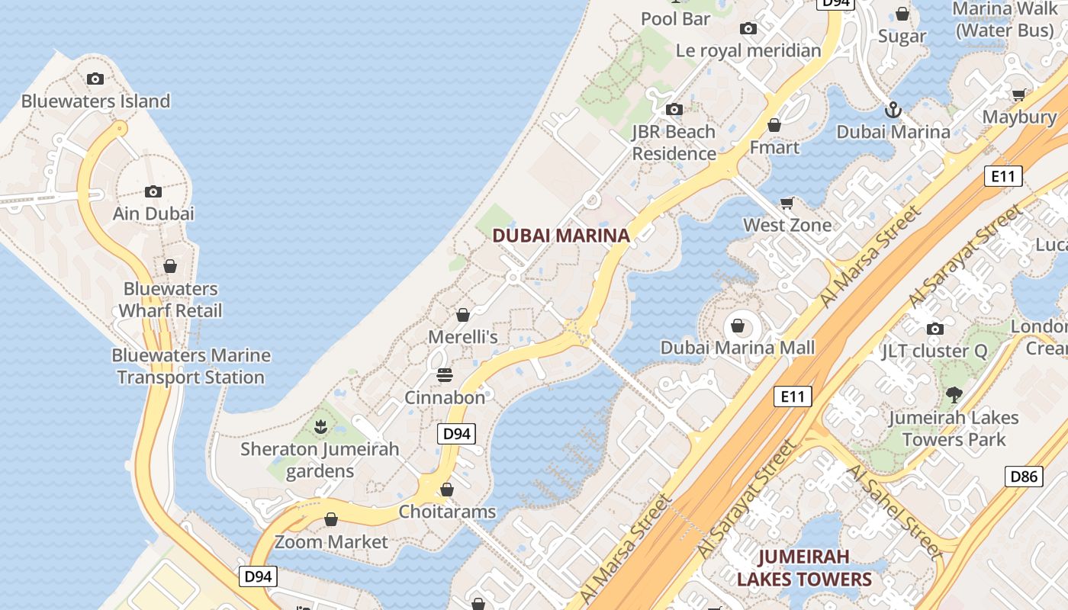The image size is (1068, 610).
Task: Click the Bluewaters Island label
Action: point(95,101)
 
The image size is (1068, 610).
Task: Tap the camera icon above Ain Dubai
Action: point(153,191)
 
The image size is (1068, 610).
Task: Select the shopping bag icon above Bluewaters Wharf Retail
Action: point(170,266)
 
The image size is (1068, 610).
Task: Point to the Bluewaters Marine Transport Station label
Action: point(191,366)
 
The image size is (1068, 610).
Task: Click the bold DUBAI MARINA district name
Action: point(561,236)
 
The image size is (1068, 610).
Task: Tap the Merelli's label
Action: point(462,336)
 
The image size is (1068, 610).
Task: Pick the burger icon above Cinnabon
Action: point(445,375)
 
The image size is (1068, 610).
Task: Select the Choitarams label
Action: point(447,511)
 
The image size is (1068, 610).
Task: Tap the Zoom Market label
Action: point(331,541)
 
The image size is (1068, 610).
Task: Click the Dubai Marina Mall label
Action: point(737,348)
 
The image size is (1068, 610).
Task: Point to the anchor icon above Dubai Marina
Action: point(893,110)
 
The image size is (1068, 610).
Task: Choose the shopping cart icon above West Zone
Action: point(787,203)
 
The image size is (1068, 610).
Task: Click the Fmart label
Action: point(774,146)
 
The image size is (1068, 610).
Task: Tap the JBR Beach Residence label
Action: point(674,143)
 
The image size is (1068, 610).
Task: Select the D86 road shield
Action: point(1023,477)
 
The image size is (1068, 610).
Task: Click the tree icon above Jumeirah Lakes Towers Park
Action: point(953,395)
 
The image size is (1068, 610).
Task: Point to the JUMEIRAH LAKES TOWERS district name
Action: point(803,567)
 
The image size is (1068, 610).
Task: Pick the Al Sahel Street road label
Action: point(893,512)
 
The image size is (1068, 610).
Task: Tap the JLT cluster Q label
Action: point(934,351)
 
